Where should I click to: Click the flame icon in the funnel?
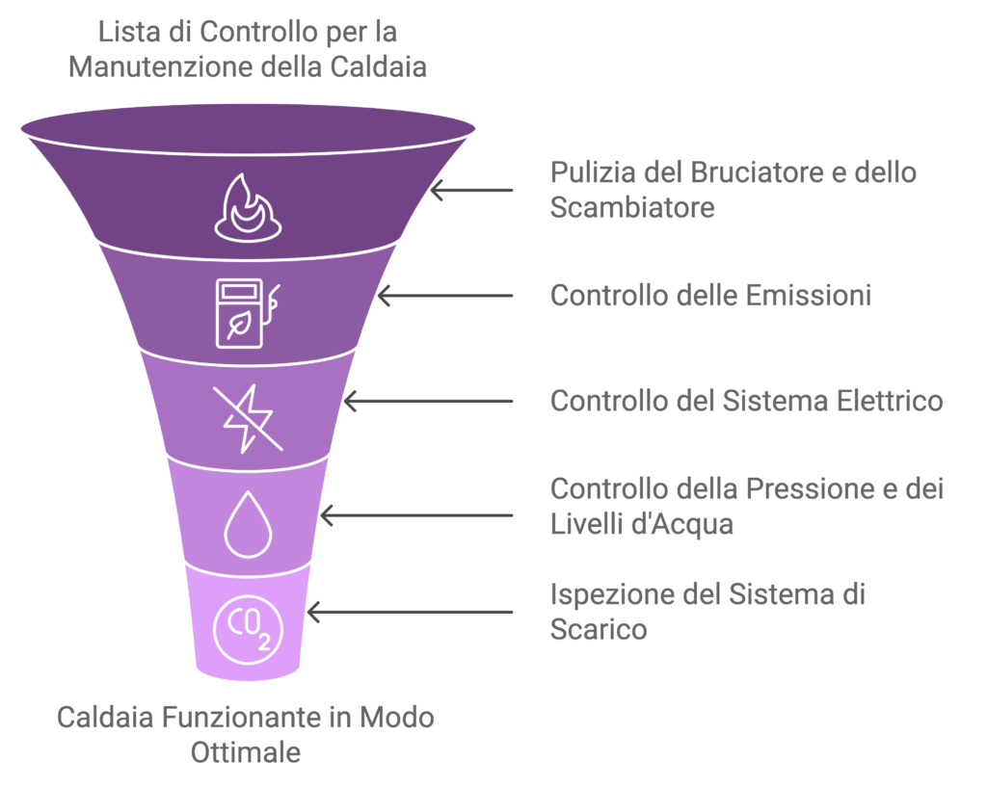pyautogui.click(x=248, y=206)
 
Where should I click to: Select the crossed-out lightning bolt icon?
pyautogui.click(x=248, y=418)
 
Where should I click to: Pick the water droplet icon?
pyautogui.click(x=248, y=524)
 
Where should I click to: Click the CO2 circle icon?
pyautogui.click(x=248, y=627)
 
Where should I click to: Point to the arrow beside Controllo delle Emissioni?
pyautogui.click(x=444, y=296)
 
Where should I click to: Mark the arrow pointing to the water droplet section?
pyautogui.click(x=416, y=515)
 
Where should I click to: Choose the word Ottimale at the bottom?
pyautogui.click(x=246, y=752)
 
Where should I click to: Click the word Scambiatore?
pyautogui.click(x=632, y=208)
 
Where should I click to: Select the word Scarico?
pyautogui.click(x=598, y=630)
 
